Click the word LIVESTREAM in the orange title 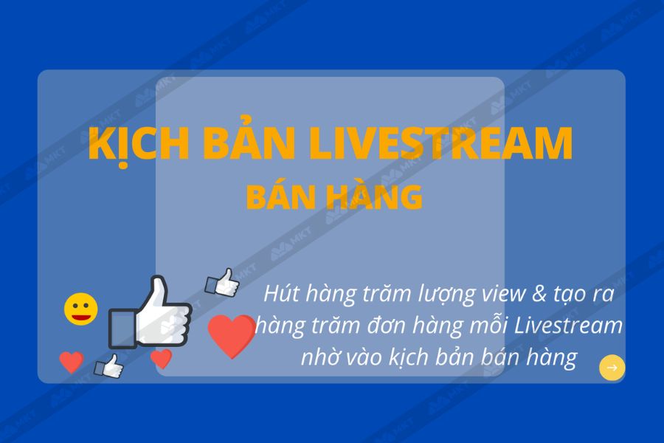tap(440, 142)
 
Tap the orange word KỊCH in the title tap(139, 144)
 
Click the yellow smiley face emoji tap(81, 309)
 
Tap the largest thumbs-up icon tap(150, 313)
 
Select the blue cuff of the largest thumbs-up tap(122, 328)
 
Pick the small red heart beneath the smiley tap(71, 362)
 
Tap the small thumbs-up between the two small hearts tap(109, 366)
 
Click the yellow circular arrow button tap(612, 368)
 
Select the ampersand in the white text tap(539, 294)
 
